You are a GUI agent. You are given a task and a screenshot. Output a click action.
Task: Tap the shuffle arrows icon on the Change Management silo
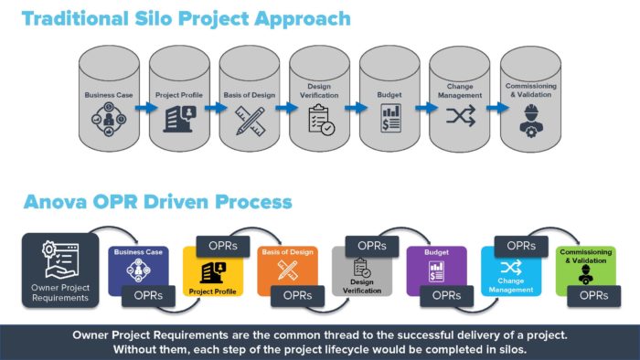click(x=460, y=119)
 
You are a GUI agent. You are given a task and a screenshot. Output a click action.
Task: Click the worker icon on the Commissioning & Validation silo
click(x=530, y=119)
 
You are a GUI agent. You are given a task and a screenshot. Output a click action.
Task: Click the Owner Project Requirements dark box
click(x=59, y=269)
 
